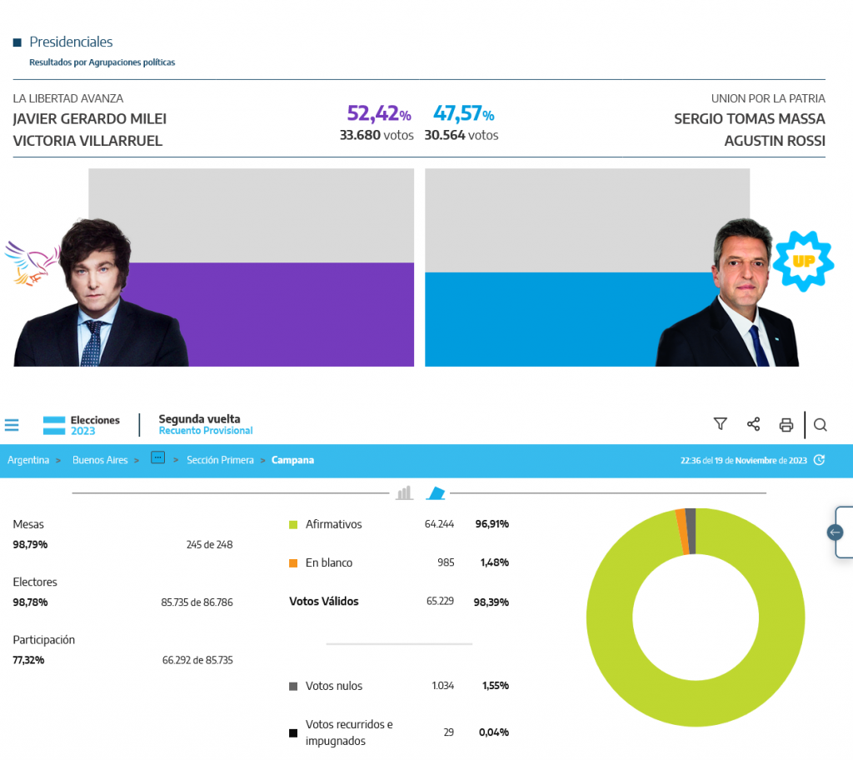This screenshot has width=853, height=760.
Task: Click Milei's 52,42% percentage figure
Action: point(378,114)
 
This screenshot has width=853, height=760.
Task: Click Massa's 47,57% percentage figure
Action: point(463,114)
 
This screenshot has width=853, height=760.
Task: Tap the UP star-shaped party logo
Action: point(803,262)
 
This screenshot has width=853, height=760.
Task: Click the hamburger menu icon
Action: point(12,425)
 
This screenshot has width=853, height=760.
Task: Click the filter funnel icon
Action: point(721,424)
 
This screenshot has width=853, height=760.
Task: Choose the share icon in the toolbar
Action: point(753,424)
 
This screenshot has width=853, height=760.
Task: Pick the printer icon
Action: point(786,425)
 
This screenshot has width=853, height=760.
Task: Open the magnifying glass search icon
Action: point(820,425)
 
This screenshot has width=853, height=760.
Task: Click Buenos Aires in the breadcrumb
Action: point(100,460)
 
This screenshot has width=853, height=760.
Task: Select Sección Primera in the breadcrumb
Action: point(220,460)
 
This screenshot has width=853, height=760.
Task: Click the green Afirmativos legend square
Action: point(293,525)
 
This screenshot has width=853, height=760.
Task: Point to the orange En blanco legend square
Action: point(293,563)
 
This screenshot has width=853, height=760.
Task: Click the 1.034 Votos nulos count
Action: point(443,686)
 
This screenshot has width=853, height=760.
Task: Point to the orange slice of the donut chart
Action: point(681,531)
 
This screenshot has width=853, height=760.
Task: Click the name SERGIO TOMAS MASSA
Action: point(749,118)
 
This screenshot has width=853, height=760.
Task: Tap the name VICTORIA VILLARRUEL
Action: point(87,141)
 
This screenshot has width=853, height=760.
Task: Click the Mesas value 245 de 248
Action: point(209,545)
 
